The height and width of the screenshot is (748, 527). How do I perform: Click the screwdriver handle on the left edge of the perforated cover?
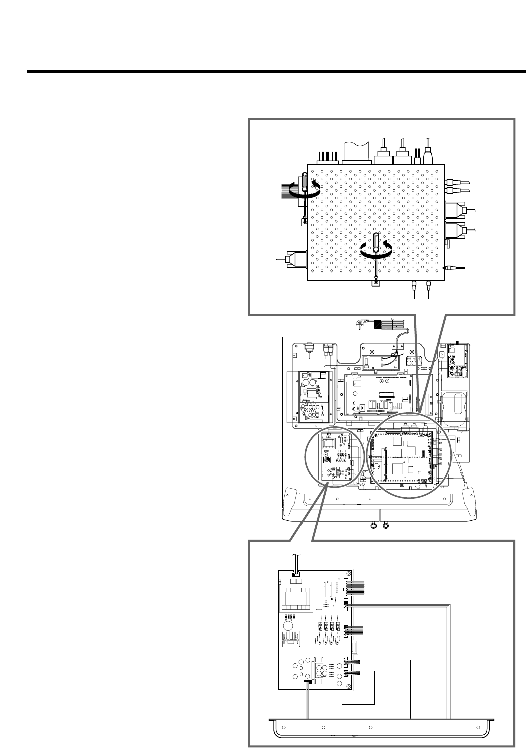304,182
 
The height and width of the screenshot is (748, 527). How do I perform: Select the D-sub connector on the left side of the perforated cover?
294,258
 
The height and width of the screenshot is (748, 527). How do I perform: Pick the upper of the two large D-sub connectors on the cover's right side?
456,209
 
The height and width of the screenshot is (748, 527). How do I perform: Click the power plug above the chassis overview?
360,324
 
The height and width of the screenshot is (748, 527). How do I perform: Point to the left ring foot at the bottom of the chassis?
373,526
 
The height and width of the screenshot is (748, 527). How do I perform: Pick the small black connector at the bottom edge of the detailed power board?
307,683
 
